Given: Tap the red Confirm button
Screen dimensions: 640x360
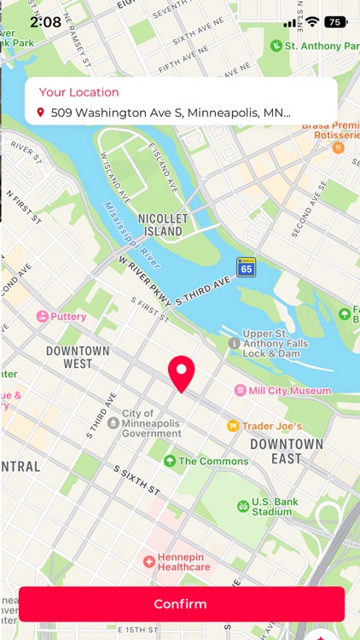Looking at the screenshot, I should point(180,604).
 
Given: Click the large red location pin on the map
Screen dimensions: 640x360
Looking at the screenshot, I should point(181,373).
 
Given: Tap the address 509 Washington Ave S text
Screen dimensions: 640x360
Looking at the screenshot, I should point(171,112).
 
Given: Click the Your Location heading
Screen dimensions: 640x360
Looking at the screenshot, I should point(79,92).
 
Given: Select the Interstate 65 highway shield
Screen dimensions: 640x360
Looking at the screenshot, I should point(247,266).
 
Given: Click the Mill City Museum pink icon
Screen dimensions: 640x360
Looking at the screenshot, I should point(241,390).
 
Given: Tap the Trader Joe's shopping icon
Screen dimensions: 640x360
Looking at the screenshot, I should point(232,426).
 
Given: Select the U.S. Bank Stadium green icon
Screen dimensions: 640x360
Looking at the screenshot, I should point(243,506).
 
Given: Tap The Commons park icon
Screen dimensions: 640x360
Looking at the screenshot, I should point(169,461).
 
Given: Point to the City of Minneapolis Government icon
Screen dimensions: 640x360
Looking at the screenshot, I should point(113,422).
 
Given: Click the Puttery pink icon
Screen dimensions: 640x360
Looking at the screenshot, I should point(42,317).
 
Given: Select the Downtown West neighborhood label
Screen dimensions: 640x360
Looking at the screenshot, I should point(78,357).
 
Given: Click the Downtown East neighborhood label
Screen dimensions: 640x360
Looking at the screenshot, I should point(287,451).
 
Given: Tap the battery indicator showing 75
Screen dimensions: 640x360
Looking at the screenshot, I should point(335,22).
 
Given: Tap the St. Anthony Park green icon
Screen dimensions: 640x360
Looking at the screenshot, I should point(276,46).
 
